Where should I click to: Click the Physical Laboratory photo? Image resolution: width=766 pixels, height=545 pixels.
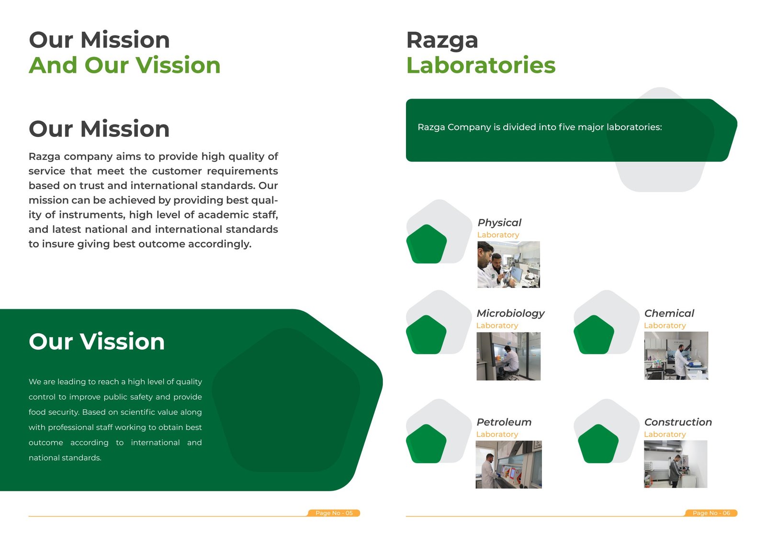point(508,264)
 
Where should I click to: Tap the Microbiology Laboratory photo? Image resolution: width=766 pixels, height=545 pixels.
point(508,356)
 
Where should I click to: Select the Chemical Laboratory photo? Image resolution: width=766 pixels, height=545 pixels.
point(676,356)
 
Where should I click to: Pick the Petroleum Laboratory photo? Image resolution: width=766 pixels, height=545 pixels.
point(508,465)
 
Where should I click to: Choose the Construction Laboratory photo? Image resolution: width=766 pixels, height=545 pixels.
point(676,464)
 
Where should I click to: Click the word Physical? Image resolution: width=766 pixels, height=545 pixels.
point(499,223)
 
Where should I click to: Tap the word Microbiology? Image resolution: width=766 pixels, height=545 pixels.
point(510,313)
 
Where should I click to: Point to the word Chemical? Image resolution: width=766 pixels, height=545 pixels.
point(669,313)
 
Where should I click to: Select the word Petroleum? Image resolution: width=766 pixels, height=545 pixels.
point(504,422)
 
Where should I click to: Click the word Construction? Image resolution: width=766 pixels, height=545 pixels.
point(678,422)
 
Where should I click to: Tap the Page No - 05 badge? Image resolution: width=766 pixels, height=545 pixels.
point(334,513)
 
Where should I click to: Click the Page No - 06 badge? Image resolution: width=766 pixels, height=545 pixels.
point(711,513)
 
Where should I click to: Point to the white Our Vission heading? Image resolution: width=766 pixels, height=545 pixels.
point(97,341)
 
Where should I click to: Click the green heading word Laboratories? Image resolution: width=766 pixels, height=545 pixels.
point(481,65)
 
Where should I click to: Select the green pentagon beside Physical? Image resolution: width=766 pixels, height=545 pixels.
point(427,244)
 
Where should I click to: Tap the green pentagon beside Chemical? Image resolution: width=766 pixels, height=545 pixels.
point(594,334)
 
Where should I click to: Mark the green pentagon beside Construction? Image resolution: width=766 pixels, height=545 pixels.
point(598,443)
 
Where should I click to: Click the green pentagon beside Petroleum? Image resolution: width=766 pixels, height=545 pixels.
point(426,443)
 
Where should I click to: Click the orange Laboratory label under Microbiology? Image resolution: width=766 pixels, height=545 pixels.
point(497,326)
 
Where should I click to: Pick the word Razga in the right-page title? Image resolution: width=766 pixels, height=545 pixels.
point(442,40)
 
